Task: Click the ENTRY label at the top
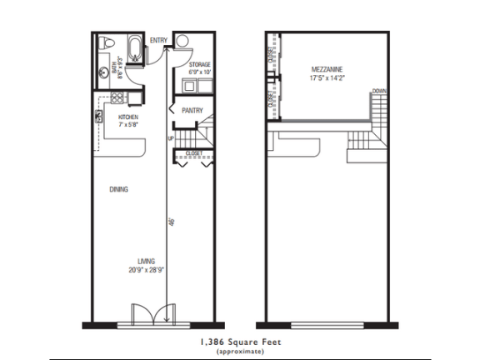(x=158, y=40)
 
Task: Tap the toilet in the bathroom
(x=102, y=42)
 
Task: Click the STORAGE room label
(x=199, y=64)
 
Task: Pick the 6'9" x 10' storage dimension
(x=199, y=72)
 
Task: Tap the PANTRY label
(x=193, y=109)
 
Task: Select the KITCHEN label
(x=127, y=117)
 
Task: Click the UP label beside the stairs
(x=171, y=138)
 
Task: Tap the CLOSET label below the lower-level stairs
(x=193, y=153)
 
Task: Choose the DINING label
(x=118, y=190)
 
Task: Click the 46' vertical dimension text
(x=171, y=223)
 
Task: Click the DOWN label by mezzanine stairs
(x=379, y=91)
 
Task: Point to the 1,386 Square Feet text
(x=239, y=342)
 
